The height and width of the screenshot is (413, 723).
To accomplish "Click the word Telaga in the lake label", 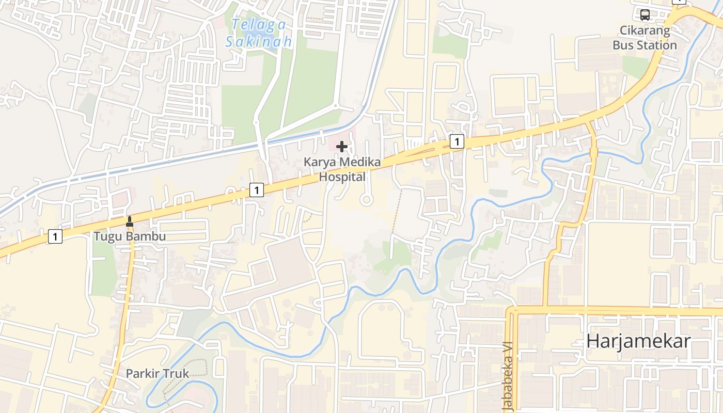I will click(x=251, y=24).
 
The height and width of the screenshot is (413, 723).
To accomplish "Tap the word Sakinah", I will click(x=259, y=41).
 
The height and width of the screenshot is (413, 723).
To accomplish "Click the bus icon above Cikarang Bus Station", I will click(x=645, y=14).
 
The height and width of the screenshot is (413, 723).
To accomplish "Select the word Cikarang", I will click(x=645, y=30).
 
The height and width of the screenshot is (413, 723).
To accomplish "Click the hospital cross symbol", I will click(x=342, y=147).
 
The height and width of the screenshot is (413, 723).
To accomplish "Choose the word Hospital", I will click(x=342, y=177).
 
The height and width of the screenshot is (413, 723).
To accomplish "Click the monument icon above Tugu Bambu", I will click(x=130, y=221).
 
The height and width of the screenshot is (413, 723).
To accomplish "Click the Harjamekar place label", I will click(x=638, y=341).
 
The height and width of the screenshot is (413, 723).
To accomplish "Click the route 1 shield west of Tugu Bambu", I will click(x=55, y=236).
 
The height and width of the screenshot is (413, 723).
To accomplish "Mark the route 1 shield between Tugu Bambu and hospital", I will click(x=257, y=189).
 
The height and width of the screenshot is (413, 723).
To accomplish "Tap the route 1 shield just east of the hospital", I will click(x=457, y=141).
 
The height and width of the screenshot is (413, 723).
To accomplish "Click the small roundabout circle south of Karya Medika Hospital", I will click(x=366, y=199).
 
